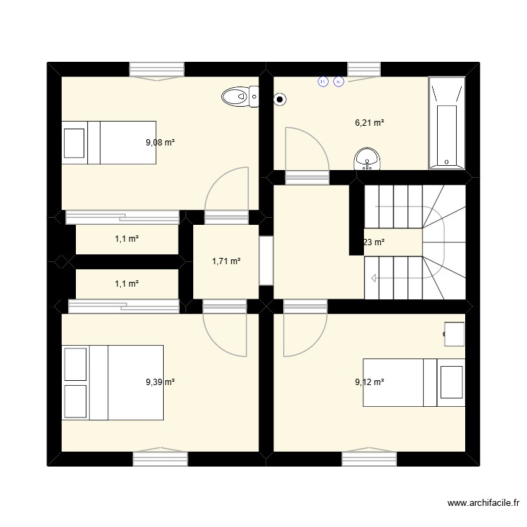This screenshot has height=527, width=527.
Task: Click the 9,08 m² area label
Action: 160,142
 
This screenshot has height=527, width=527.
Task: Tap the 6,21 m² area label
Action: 369,123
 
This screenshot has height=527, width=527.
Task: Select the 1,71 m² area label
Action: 226,261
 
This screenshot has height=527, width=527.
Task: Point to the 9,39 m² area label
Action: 160,382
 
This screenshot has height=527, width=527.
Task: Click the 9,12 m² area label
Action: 369,382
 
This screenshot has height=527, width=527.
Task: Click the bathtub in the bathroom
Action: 447,123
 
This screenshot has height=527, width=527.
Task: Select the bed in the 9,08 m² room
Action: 108,142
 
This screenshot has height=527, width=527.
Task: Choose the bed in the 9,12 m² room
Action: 414,382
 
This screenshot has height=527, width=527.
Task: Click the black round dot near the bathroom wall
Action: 280,99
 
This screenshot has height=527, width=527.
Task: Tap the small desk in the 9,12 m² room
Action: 455,333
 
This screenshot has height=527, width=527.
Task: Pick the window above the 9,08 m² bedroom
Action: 157,70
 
